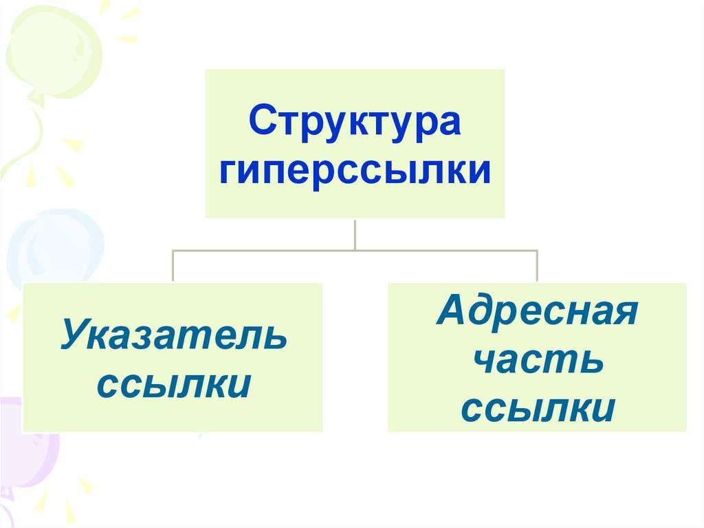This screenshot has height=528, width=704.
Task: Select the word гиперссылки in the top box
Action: point(355,171)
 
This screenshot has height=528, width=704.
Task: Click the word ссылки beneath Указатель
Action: point(173,386)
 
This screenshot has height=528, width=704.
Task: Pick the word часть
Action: point(537,361)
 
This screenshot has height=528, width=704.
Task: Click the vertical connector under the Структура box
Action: point(355,234)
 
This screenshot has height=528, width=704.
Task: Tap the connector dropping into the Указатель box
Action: point(173,266)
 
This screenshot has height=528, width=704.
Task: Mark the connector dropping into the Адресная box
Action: point(537,266)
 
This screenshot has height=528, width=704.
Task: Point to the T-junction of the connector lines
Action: point(355,251)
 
